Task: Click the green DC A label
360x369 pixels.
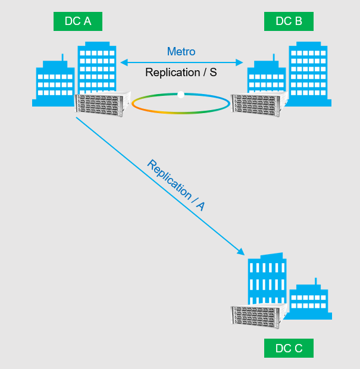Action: click(78, 21)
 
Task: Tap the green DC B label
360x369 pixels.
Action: click(289, 21)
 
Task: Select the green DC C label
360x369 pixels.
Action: click(289, 348)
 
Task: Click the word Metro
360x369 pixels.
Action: click(181, 52)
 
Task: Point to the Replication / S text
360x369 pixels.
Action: click(181, 72)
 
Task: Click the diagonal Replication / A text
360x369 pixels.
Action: click(176, 185)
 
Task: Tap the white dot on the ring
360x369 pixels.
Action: click(181, 94)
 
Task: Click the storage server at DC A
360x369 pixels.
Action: click(102, 104)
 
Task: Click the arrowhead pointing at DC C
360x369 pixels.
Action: click(242, 252)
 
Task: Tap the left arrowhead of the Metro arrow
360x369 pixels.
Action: click(123, 62)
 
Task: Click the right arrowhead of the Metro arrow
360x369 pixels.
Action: click(240, 62)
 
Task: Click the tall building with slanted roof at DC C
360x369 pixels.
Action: click(267, 280)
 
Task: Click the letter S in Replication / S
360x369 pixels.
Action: click(213, 72)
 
